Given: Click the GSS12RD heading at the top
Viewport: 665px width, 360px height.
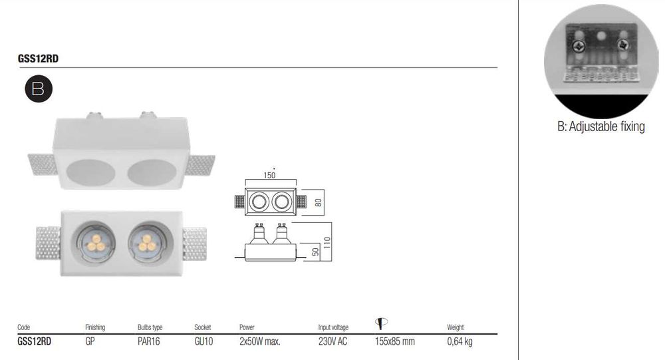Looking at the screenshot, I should (39, 59).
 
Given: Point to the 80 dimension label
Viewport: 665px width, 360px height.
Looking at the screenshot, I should (318, 200).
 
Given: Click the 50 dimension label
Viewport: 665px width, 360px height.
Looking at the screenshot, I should (317, 251).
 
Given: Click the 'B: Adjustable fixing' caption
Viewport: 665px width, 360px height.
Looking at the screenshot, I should (600, 126).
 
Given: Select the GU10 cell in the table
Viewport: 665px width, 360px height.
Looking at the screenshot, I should (203, 342).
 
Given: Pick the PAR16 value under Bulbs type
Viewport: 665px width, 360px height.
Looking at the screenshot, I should (149, 342).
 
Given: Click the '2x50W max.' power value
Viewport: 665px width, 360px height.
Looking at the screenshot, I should (259, 342).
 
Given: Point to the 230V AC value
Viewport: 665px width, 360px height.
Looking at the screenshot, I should (333, 342).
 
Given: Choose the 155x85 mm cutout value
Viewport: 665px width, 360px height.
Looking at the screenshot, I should (395, 342).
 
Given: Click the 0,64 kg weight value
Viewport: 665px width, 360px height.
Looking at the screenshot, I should (460, 342).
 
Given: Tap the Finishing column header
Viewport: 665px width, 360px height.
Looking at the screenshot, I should (95, 327).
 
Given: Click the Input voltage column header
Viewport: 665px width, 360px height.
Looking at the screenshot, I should (333, 327).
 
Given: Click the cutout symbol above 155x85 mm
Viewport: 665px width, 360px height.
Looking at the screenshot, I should (381, 323).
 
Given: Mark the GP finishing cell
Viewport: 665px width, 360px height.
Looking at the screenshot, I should (90, 342).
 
